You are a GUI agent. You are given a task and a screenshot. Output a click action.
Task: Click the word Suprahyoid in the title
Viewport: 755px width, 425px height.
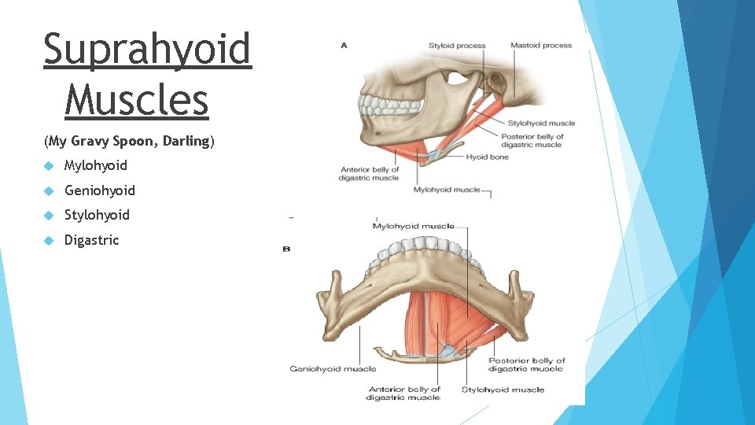147,49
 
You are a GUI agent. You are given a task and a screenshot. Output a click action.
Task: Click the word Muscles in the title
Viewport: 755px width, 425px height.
137,101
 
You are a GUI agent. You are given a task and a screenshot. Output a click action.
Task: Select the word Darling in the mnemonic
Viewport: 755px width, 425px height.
186,142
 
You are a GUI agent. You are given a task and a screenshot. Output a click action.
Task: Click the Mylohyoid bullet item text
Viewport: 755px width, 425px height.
95,165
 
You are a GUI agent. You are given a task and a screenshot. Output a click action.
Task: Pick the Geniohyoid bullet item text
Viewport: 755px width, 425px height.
99,190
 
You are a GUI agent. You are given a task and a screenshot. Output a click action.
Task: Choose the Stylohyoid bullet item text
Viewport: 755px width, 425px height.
97,215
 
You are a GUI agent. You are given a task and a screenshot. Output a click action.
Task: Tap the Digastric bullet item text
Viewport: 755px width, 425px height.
91,240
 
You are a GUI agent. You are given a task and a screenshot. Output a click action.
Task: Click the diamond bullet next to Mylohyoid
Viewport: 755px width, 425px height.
49,166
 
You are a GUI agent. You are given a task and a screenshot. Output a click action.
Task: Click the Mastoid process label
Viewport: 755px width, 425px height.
541,46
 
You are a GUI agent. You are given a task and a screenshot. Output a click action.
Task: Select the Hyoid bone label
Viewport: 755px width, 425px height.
488,157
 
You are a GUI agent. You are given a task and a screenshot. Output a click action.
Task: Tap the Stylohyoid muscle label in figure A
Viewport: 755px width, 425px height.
541,123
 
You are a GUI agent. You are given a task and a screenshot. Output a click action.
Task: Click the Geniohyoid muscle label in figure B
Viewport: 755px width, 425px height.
333,368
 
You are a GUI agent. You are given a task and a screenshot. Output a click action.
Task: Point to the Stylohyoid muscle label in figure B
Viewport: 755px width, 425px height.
503,390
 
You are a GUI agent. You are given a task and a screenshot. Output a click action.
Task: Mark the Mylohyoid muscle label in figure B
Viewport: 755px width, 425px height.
413,227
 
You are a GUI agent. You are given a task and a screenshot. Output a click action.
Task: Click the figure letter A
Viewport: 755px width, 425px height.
344,46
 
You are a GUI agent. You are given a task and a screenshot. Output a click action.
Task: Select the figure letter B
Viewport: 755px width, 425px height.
286,249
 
